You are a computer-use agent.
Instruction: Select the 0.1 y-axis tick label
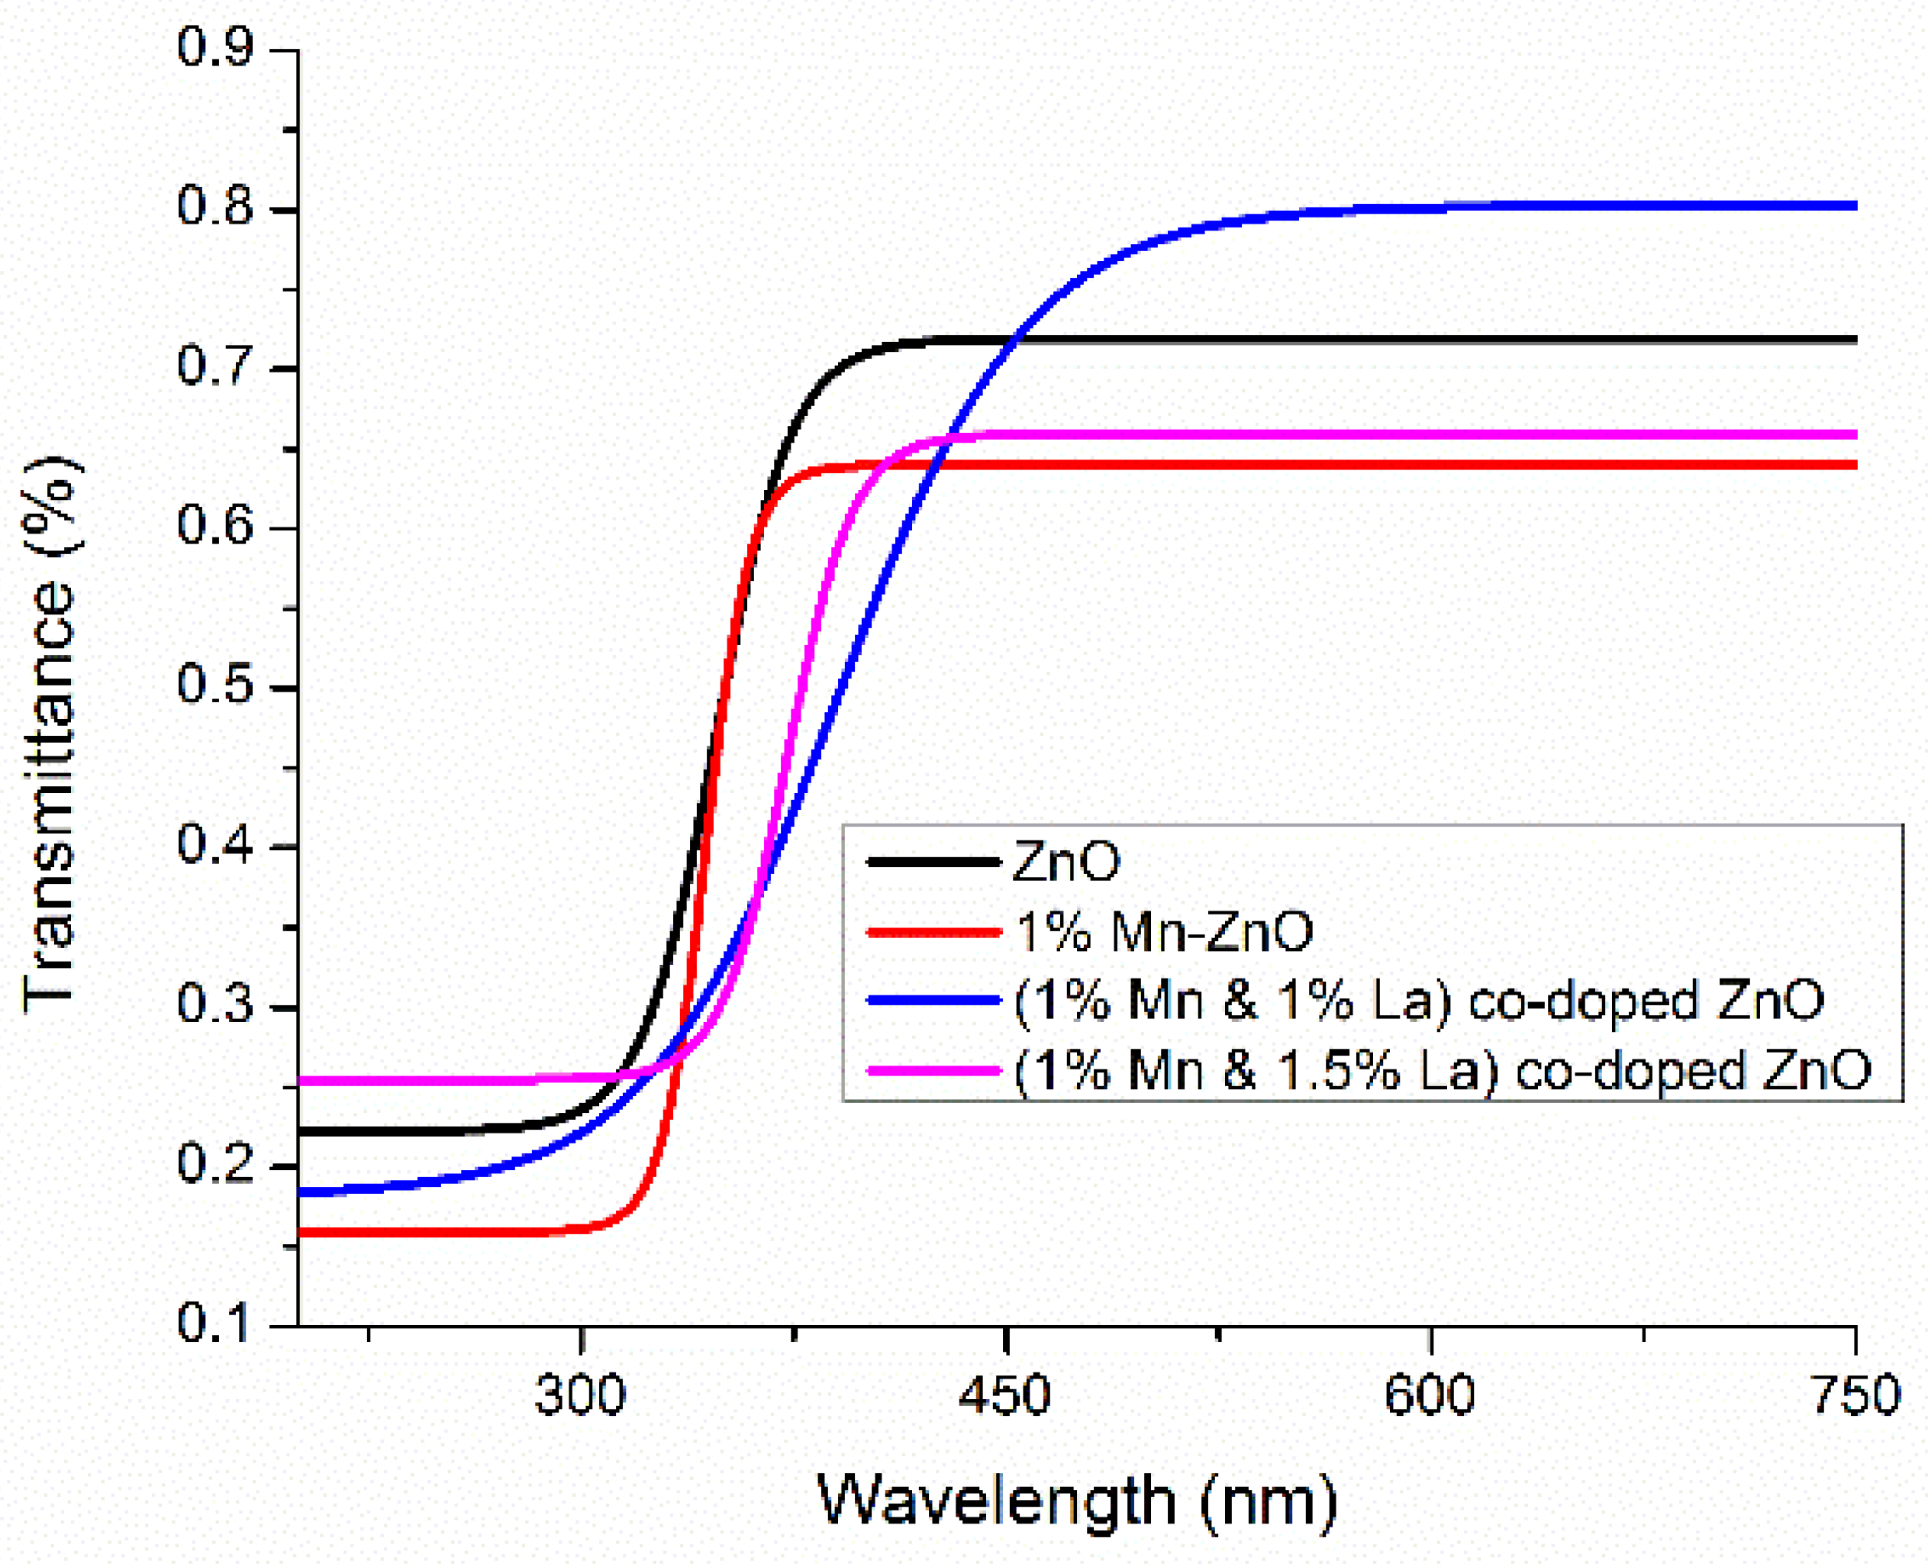coord(214,1324)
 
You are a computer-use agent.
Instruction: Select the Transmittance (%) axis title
coord(50,734)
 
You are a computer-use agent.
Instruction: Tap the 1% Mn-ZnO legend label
coord(1164,930)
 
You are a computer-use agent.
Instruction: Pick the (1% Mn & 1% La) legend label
coord(1419,1000)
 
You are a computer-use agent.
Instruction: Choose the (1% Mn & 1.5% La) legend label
coord(1443,1069)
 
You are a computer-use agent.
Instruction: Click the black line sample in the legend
coord(933,863)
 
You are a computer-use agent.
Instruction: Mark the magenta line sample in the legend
coord(933,1070)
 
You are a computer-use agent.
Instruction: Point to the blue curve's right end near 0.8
coord(1852,206)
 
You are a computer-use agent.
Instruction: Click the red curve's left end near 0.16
coord(301,1231)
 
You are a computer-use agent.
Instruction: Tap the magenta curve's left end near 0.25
coord(301,1080)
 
